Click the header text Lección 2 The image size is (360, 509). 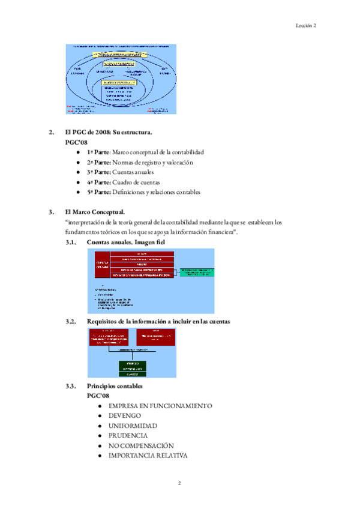point(306,25)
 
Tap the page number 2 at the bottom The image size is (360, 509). point(179,483)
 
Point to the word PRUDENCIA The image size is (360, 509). point(128,435)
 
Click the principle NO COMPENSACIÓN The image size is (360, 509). point(141,445)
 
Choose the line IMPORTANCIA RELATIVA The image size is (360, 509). point(148,456)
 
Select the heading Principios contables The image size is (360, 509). point(115,385)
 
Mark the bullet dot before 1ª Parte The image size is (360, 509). point(79,152)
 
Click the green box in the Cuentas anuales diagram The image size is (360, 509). point(197,272)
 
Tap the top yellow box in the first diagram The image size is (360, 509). point(121,54)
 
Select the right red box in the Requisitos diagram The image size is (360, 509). point(156,337)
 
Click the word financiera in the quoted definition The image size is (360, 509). point(214,232)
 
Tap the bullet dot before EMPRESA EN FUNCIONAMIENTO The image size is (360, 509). point(100,406)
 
